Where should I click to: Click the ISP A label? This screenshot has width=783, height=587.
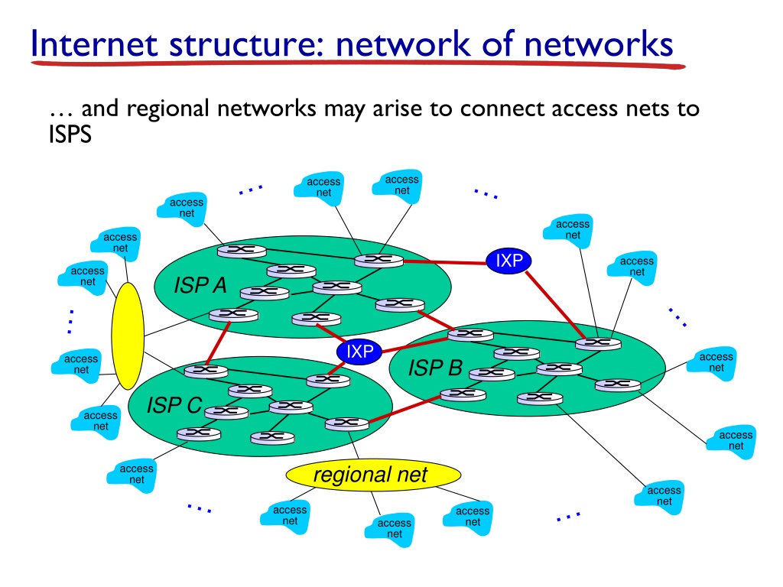[200, 285]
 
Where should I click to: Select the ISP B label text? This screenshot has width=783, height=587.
[435, 368]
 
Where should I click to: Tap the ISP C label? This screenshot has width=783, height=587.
[174, 405]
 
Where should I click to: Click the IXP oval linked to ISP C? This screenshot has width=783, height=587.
[359, 352]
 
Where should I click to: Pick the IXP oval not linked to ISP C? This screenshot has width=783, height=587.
[508, 261]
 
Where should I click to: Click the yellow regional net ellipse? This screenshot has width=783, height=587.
[373, 475]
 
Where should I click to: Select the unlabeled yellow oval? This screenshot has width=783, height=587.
[128, 336]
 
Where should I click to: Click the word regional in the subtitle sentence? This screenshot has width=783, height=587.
[167, 109]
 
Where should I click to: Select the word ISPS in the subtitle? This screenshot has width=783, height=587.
[70, 135]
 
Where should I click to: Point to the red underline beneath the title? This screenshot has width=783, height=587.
[358, 64]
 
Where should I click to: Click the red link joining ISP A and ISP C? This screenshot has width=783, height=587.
[218, 343]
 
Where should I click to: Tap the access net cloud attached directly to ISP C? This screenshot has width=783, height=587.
[132, 475]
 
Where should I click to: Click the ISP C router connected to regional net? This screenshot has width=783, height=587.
[346, 424]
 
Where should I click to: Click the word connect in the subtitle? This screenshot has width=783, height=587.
[502, 109]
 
